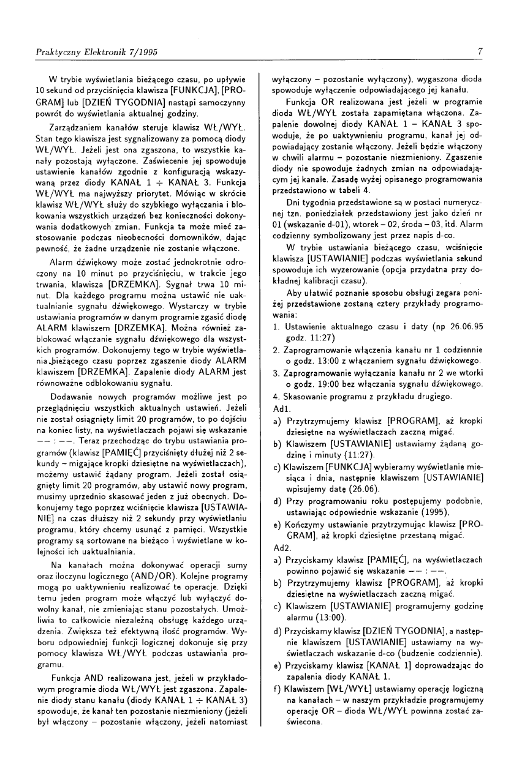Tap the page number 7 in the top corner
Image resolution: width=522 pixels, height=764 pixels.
pos(480,52)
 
